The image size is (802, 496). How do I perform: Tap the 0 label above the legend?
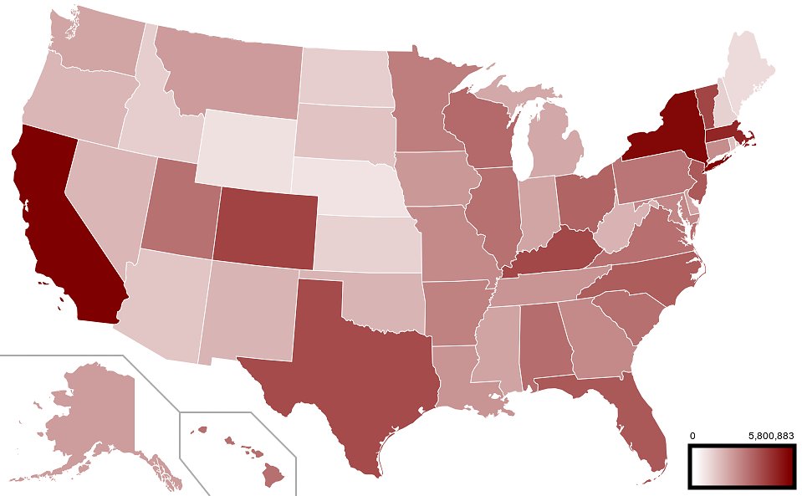tap(692, 436)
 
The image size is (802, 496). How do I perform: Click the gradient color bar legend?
tap(741, 465)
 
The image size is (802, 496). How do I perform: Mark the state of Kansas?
tap(368, 243)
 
